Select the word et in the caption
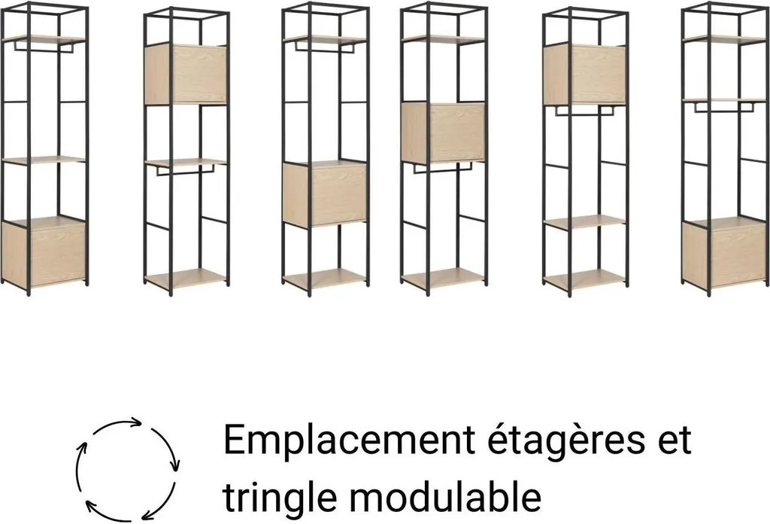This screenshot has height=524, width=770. pos(675,440)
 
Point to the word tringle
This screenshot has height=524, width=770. pos(280,497)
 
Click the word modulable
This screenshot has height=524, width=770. pos(445,496)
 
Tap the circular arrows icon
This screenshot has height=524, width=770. pos(128,470)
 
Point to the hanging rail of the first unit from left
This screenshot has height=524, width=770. pos(44,47)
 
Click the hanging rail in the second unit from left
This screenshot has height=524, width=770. pos(186,170)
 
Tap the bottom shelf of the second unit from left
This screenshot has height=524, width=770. pos(186,279)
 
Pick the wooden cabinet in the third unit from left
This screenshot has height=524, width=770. pos(324,193)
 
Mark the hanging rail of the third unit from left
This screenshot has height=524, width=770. pos(325,47)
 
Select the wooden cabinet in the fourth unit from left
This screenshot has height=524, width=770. pos(443,133)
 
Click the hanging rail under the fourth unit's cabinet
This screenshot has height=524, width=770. pos(443,168)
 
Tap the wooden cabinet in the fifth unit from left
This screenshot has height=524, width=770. pos(584,75)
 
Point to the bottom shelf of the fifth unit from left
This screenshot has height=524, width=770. pos(585,279)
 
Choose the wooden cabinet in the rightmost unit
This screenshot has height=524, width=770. pos(724,252)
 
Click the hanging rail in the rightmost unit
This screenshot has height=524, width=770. pos(724,107)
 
